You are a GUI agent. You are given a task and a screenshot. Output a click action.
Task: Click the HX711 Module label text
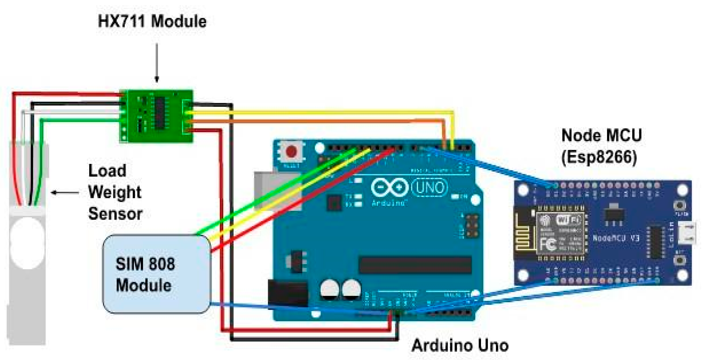[152, 21]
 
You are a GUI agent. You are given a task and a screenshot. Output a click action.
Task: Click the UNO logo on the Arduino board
[429, 187]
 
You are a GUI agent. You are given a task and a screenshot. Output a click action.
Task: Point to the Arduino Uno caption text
[460, 345]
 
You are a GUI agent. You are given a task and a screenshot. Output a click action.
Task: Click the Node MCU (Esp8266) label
[601, 146]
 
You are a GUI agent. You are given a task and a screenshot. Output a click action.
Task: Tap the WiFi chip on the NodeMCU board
[561, 233]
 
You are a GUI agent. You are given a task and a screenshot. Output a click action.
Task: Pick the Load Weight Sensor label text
[115, 192]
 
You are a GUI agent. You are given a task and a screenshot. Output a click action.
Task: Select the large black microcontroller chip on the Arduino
[415, 265]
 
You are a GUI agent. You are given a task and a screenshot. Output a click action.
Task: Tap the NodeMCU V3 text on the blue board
[616, 238]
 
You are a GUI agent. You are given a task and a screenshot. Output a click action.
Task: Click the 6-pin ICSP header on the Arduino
[471, 226]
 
